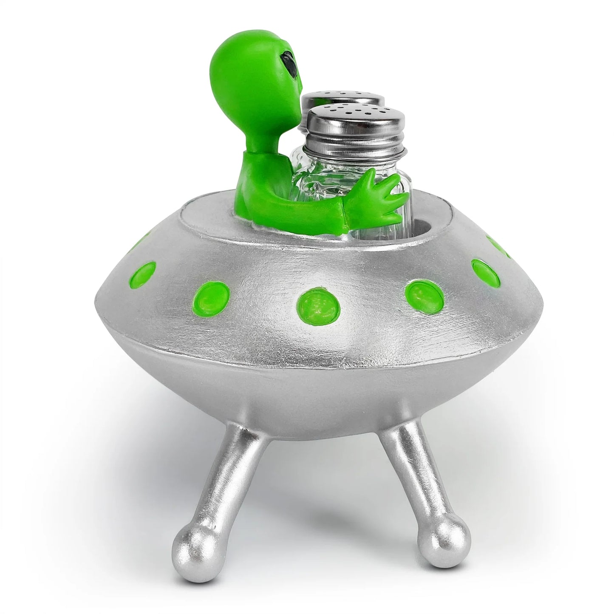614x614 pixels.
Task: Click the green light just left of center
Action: pos(212,294)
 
